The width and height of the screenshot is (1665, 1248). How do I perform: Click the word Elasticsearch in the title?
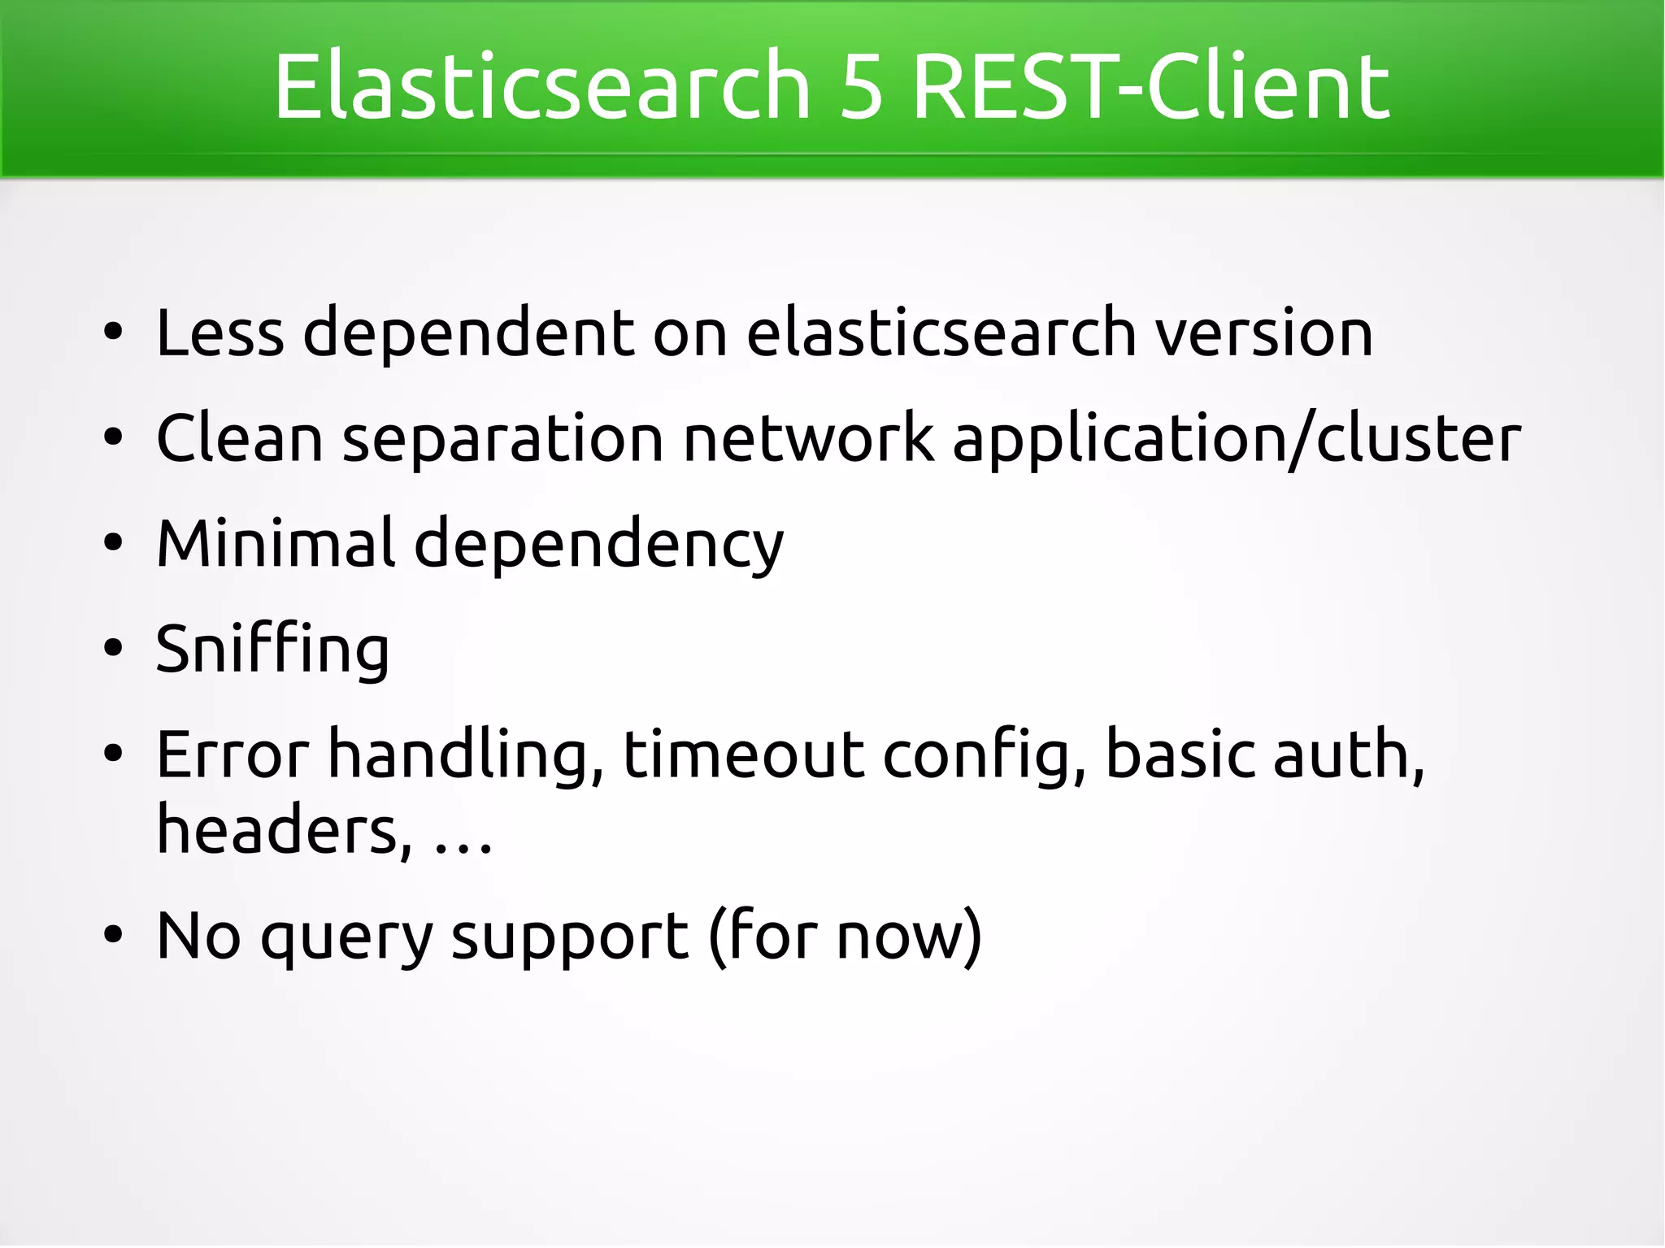click(x=541, y=85)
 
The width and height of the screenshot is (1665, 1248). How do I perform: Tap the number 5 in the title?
click(x=861, y=85)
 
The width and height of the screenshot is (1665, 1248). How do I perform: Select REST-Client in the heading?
click(x=1150, y=85)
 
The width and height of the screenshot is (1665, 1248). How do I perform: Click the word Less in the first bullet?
click(x=220, y=333)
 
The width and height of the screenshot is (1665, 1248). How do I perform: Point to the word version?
click(x=1264, y=333)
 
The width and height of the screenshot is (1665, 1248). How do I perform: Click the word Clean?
click(x=240, y=438)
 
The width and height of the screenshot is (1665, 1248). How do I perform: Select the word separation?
click(x=503, y=440)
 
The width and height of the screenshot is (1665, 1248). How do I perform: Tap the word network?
click(x=808, y=438)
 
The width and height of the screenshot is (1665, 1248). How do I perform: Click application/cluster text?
click(x=1236, y=440)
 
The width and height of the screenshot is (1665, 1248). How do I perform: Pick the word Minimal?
click(x=276, y=542)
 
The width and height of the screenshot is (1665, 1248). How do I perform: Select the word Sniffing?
click(x=272, y=650)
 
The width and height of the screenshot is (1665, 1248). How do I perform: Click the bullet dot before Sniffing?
click(x=113, y=649)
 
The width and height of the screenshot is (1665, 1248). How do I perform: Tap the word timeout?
click(x=744, y=754)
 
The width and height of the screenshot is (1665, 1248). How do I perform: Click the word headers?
click(x=284, y=830)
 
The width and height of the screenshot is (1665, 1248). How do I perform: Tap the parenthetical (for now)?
click(x=846, y=937)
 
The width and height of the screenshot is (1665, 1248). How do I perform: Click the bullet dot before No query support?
click(x=113, y=936)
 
